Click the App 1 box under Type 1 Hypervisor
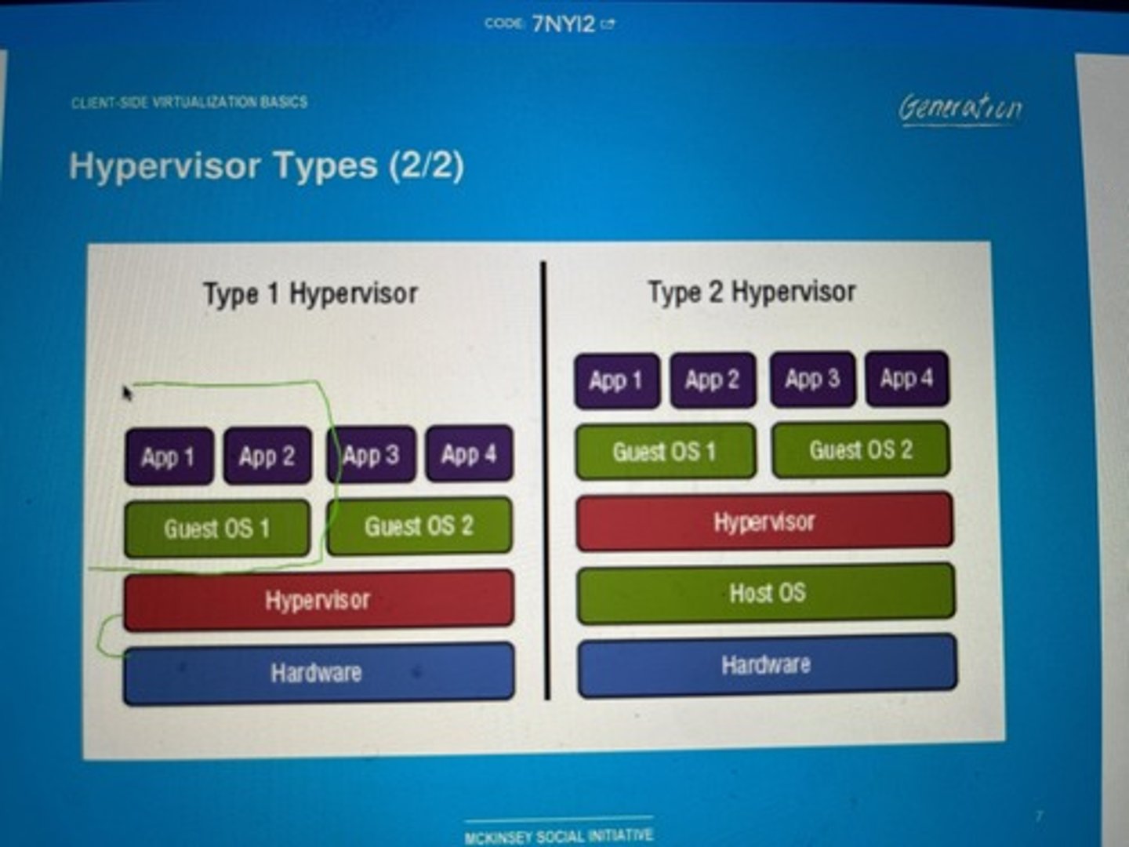click(169, 456)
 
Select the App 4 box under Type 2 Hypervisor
click(907, 380)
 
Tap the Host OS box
click(766, 593)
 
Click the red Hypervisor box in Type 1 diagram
click(318, 601)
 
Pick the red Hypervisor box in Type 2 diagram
click(764, 522)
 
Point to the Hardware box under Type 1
click(318, 673)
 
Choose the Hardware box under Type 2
click(767, 666)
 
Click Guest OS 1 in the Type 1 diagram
click(217, 529)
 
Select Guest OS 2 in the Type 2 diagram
click(861, 450)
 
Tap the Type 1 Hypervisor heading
click(310, 294)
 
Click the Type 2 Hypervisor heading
click(751, 293)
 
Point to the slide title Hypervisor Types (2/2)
click(267, 166)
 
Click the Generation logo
click(960, 107)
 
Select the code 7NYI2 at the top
click(563, 24)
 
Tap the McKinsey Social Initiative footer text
click(558, 836)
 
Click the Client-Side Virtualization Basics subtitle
click(189, 102)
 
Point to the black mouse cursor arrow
click(127, 391)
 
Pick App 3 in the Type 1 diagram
click(371, 455)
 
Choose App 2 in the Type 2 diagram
click(713, 380)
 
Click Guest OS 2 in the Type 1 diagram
click(419, 525)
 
